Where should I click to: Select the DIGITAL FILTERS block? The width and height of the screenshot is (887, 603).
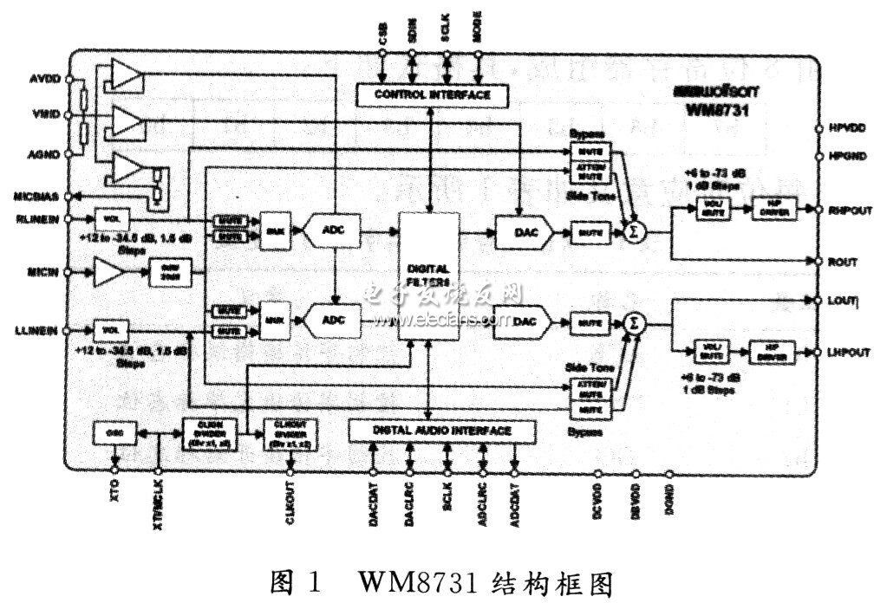tap(431, 276)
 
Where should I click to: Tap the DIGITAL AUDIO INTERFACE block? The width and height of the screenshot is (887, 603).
tap(442, 430)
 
